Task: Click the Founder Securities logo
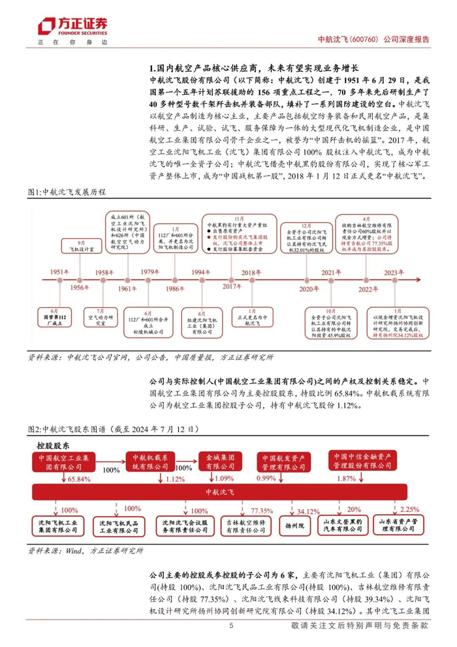pyautogui.click(x=72, y=27)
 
